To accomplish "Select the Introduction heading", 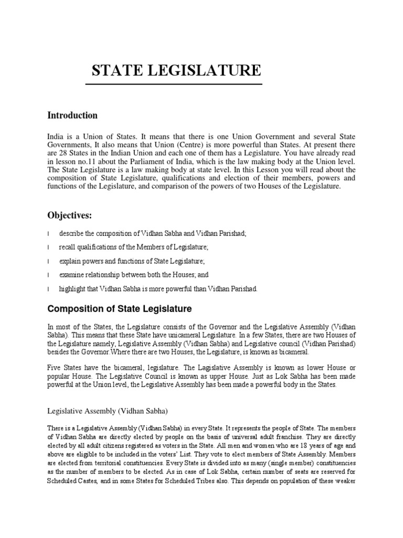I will tap(72, 115).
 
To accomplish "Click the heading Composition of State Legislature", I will tap(120, 308).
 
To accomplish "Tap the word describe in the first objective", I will tap(71, 233).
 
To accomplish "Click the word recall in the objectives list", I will tap(67, 247).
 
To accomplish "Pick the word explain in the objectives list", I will tap(69, 261).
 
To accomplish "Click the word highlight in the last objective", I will tap(71, 289).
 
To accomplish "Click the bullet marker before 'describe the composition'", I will tap(48, 233).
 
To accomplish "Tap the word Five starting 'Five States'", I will tap(55, 366).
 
